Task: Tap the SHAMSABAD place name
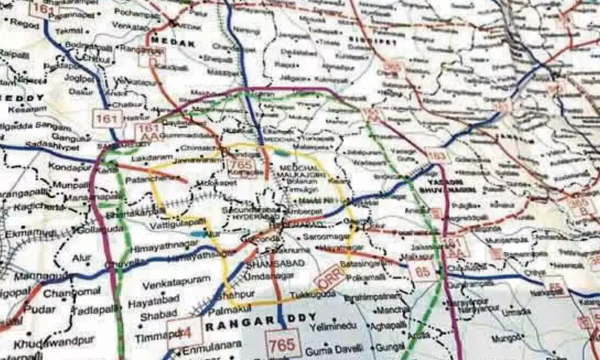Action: tap(275, 263)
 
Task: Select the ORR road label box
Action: tap(329, 277)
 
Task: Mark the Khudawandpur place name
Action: tap(54, 343)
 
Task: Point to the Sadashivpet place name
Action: tap(50, 146)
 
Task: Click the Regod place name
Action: tap(25, 23)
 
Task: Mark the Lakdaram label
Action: tap(145, 158)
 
